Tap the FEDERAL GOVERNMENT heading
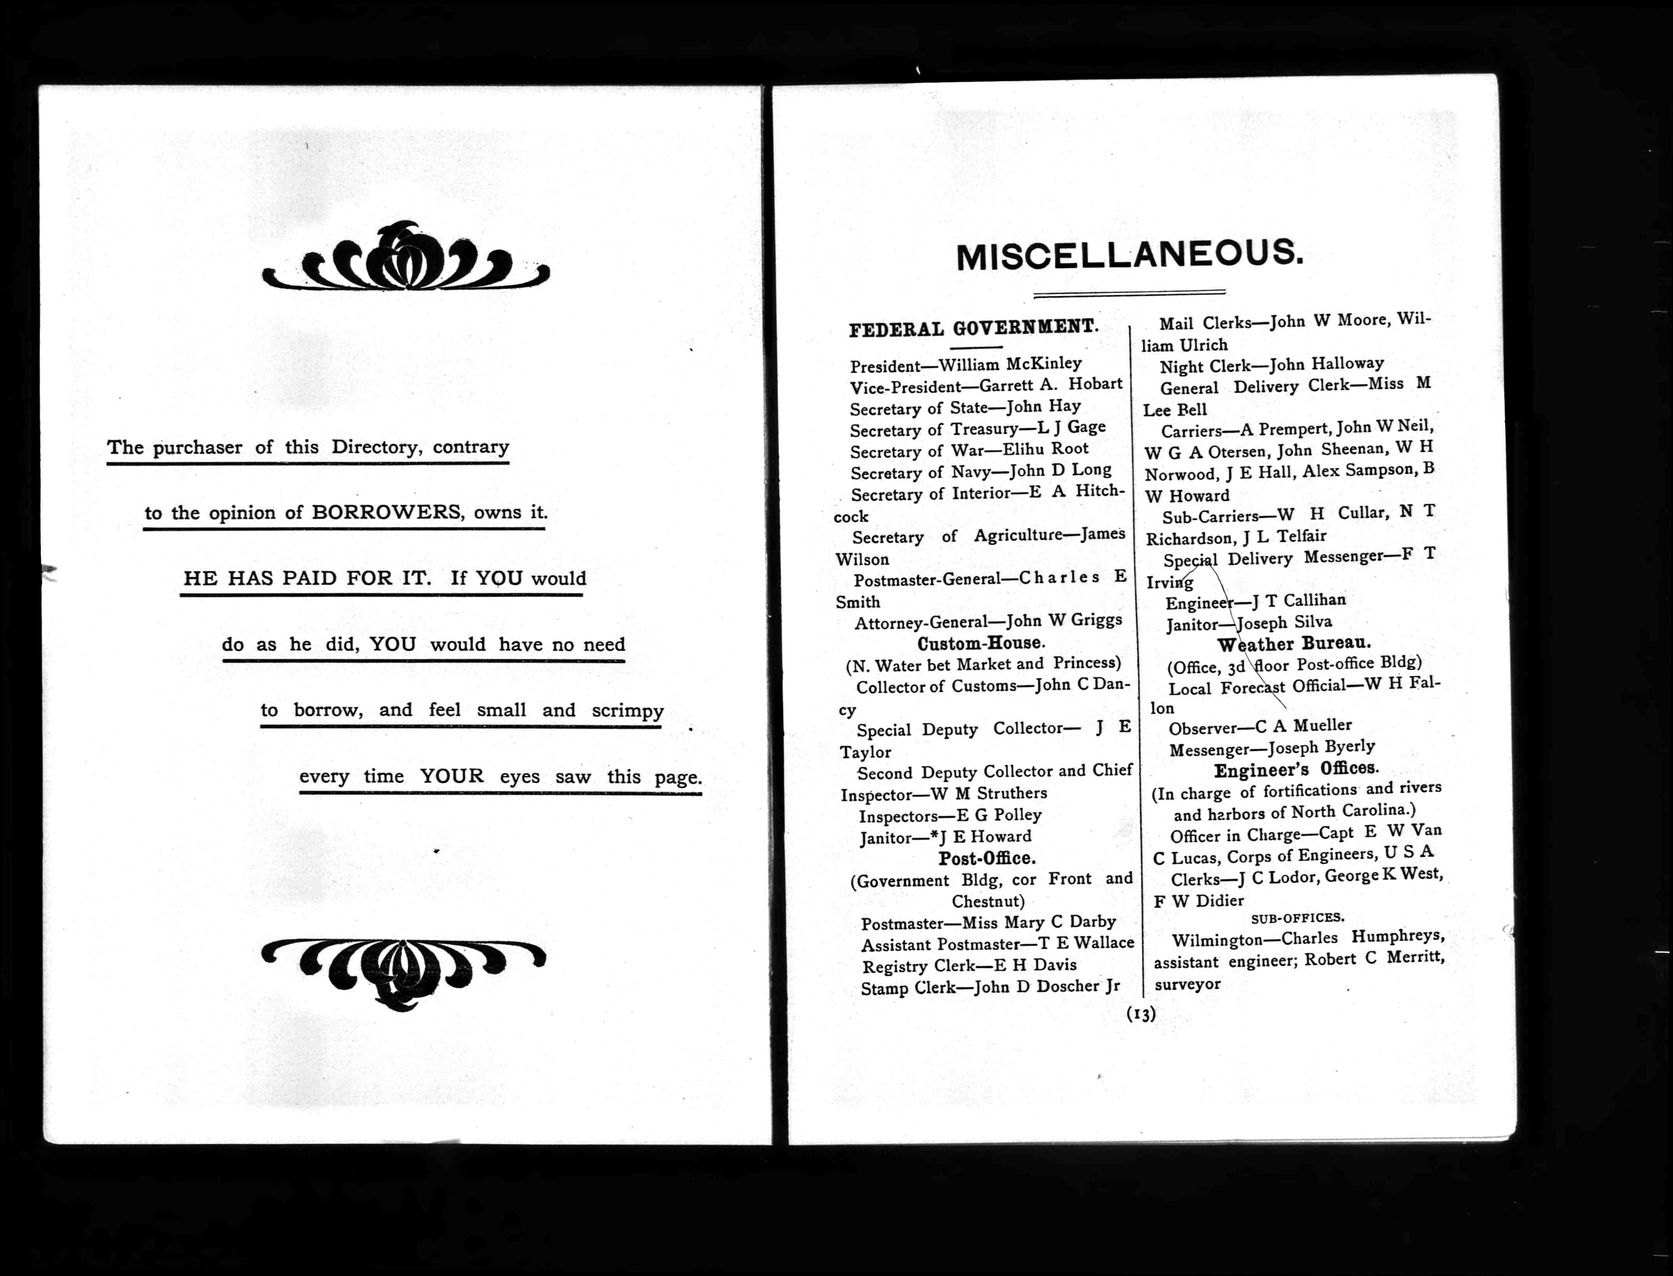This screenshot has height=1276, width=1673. click(973, 328)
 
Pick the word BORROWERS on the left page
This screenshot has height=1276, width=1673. click(386, 513)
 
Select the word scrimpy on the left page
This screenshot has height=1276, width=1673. click(627, 711)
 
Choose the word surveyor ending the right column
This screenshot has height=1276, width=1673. click(1188, 984)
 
